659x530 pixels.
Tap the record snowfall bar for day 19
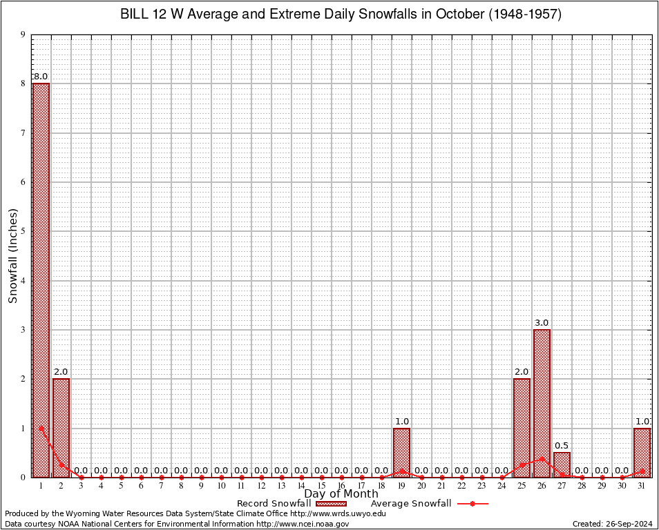point(401,452)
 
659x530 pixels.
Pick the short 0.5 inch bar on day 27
point(562,464)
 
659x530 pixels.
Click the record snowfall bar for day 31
point(642,452)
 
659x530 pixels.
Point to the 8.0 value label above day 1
point(41,77)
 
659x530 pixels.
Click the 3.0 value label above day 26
point(542,323)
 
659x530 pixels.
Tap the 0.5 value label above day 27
point(562,446)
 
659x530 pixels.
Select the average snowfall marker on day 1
point(41,428)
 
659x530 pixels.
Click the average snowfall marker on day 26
point(542,458)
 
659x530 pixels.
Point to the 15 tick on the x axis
point(321,486)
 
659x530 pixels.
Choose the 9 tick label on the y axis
point(23,35)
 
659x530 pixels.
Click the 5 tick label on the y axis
point(23,231)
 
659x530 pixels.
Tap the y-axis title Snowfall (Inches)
point(12,255)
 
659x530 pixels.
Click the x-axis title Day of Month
point(341,494)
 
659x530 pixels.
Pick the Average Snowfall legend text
point(410,504)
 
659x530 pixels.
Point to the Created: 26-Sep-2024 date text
point(612,524)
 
